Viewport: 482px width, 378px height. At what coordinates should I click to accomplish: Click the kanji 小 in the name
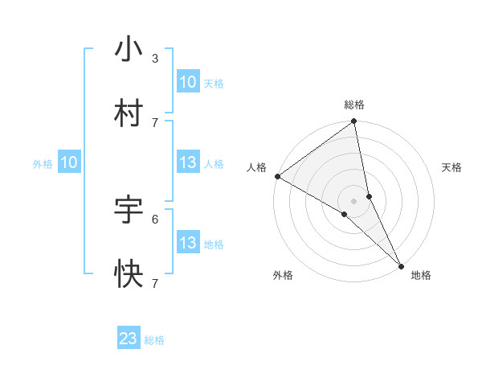[x=129, y=49]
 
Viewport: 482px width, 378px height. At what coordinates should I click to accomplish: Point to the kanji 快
[x=129, y=274]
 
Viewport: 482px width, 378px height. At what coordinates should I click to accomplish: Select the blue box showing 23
[x=129, y=339]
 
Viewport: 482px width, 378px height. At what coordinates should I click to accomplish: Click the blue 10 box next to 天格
[x=187, y=81]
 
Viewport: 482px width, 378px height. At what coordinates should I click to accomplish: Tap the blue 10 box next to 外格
[x=69, y=162]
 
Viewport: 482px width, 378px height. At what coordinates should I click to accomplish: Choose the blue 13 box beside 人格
[x=187, y=162]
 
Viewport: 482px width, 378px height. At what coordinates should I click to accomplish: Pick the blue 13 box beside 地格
[x=187, y=243]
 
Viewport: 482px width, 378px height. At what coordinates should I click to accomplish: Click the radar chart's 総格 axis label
[x=354, y=105]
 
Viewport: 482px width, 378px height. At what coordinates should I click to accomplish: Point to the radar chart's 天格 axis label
[x=452, y=167]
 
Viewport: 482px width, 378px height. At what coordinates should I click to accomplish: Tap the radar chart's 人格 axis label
[x=256, y=167]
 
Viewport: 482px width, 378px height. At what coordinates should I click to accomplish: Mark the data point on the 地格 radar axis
[x=401, y=265]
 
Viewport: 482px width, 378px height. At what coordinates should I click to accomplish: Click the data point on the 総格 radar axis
[x=354, y=122]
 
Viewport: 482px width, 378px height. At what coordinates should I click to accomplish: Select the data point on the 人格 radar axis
[x=277, y=176]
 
